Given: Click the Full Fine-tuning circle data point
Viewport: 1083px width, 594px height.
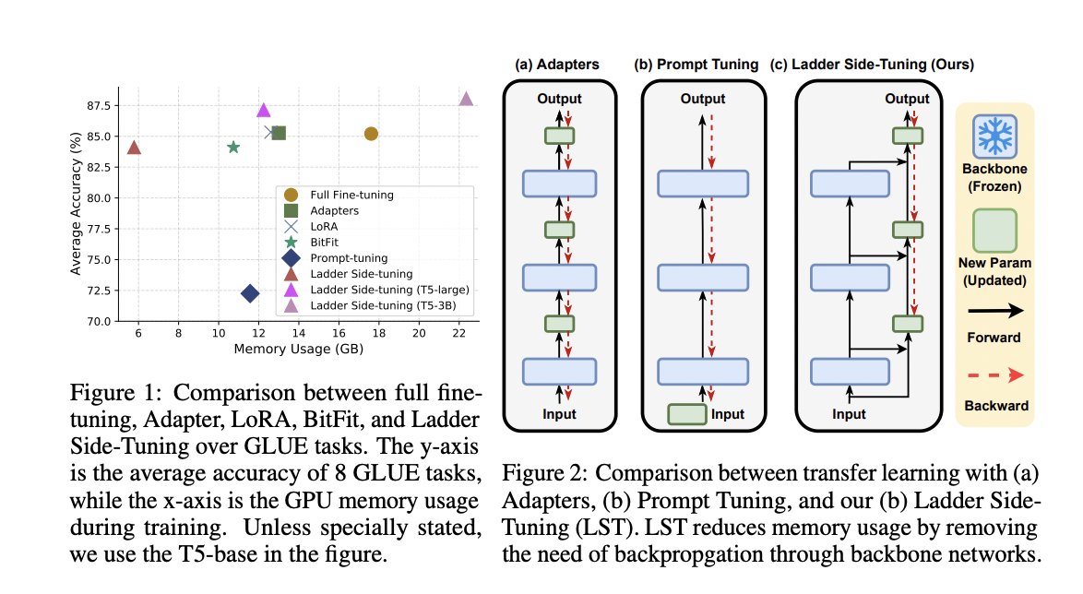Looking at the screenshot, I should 371,134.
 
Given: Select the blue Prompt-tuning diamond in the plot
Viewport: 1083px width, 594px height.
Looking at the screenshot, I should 250,293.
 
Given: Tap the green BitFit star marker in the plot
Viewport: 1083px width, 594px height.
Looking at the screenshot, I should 233,148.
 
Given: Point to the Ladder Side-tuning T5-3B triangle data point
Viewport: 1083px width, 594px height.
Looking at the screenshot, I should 466,100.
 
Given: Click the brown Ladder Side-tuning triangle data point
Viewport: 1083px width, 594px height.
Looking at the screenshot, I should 134,148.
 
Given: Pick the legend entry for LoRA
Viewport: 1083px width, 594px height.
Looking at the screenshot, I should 324,227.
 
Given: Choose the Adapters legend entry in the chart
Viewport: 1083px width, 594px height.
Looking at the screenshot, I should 334,211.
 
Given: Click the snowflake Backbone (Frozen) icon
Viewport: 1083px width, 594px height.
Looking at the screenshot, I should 994,137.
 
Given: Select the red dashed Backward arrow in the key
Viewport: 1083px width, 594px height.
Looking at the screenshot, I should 994,376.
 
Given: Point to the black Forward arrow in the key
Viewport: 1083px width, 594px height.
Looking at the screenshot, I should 994,312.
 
